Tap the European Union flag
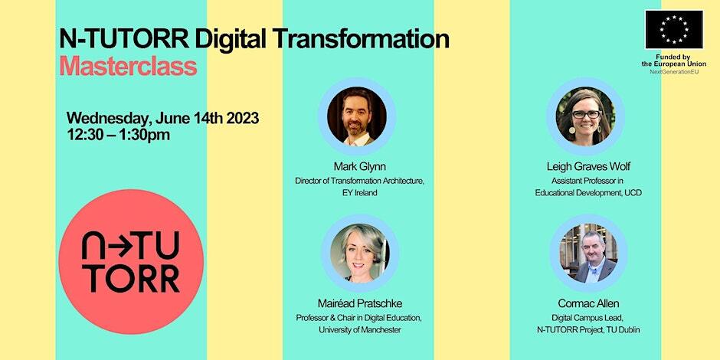673,30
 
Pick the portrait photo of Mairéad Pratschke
357,254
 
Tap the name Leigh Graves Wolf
588,165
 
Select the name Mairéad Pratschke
359,303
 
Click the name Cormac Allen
588,303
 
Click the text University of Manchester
359,330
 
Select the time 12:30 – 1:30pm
119,135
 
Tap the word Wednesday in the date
108,118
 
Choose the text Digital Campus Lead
587,317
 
